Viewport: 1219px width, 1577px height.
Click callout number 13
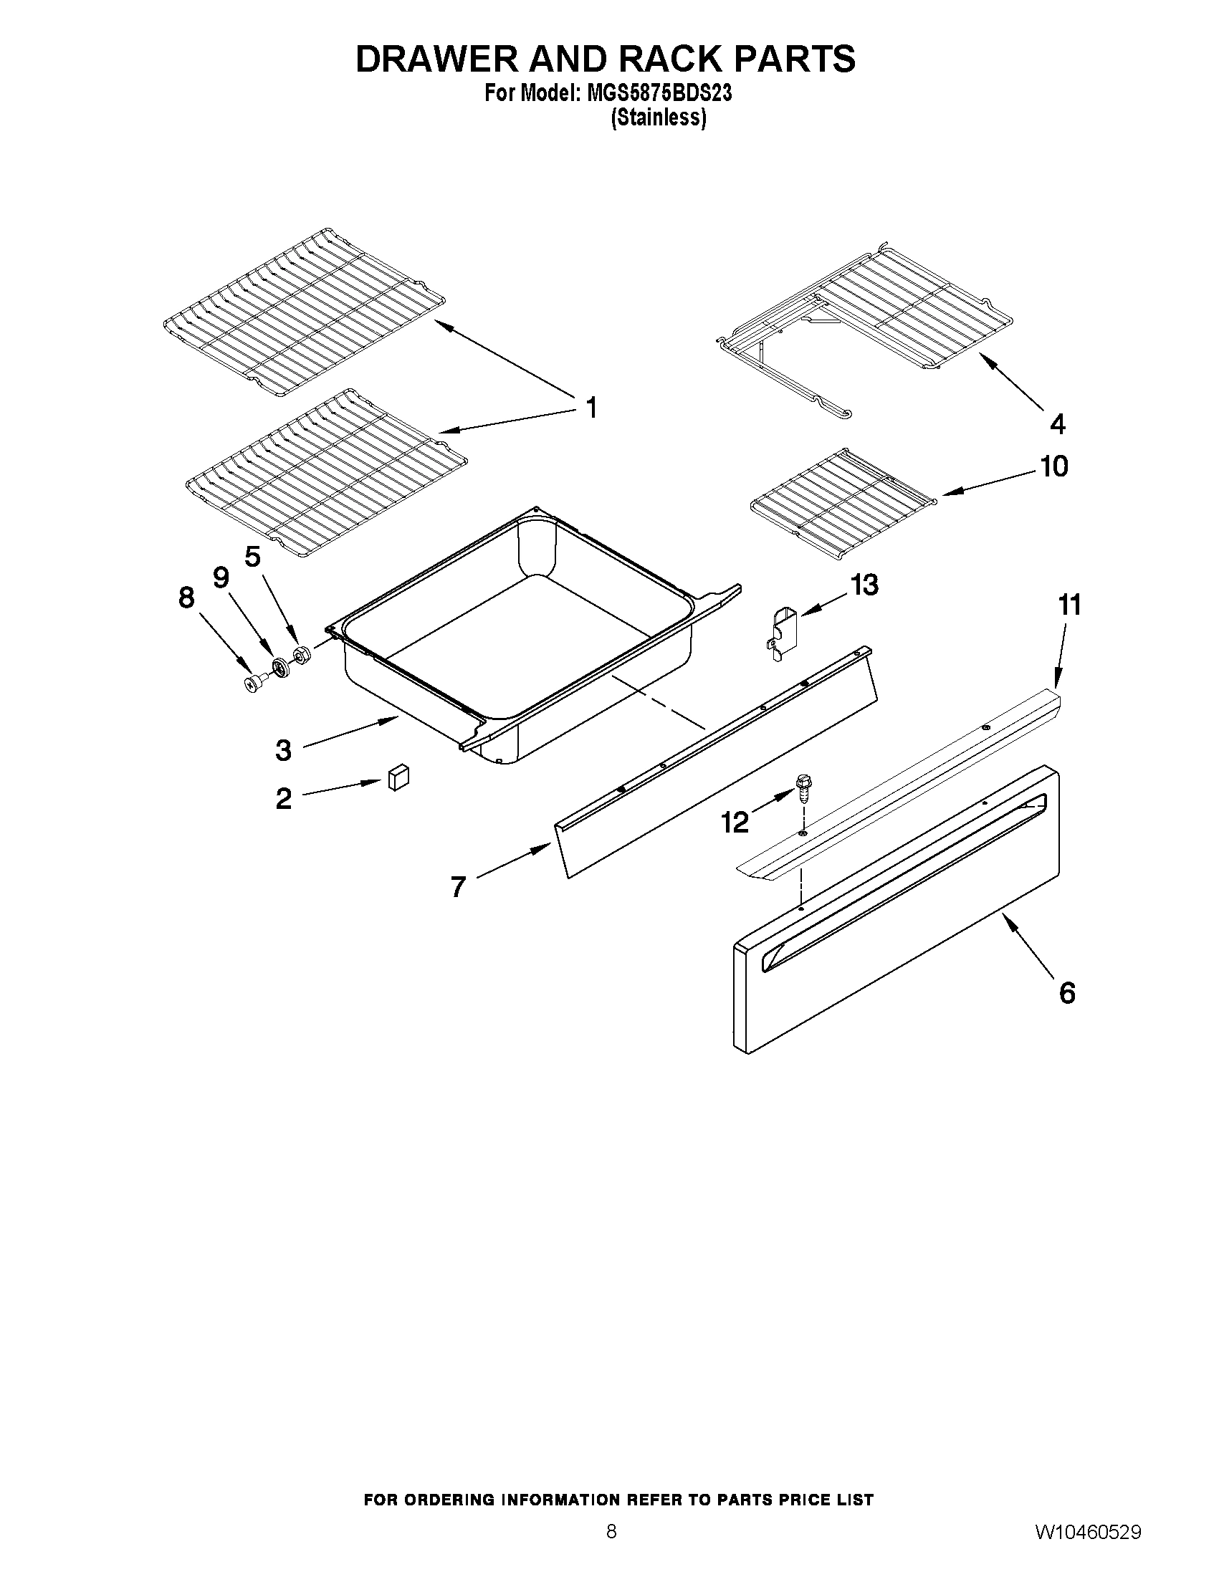864,585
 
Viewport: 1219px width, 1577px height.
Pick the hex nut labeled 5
301,655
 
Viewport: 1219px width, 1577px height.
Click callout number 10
1053,467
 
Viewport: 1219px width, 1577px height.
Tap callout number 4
1057,424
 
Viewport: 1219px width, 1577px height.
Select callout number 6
1066,993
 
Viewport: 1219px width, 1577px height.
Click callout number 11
1069,605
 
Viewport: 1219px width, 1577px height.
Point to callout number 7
458,886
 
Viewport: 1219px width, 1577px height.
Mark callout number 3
283,750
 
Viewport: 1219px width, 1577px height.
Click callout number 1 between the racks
591,408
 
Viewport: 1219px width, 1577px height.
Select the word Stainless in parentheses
658,118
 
